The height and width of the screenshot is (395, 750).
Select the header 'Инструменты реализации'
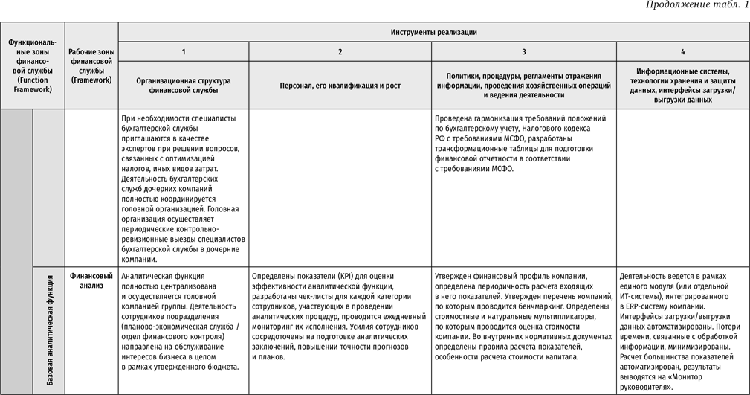point(433,32)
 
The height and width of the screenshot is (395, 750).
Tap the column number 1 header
point(184,51)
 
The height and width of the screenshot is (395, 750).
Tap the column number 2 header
point(340,51)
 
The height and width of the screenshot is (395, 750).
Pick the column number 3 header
point(524,51)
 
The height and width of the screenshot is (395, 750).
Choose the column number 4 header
point(682,51)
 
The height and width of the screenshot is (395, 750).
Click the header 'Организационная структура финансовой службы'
point(184,85)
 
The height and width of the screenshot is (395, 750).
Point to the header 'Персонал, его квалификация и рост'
point(340,86)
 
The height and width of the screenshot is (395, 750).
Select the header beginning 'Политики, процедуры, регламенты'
point(524,85)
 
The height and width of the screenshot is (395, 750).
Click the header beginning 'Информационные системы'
point(682,85)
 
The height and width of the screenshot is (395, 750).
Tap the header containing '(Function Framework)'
point(33,65)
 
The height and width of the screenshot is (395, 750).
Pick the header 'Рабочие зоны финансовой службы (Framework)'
point(91,65)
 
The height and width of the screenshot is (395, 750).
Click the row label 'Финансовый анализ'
point(91,280)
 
